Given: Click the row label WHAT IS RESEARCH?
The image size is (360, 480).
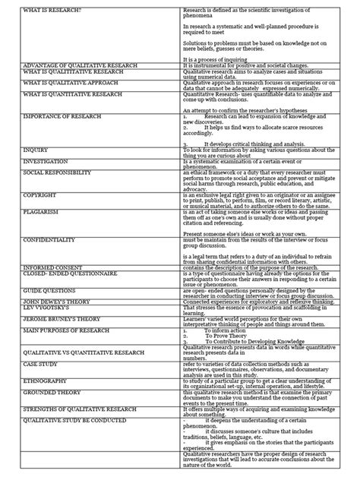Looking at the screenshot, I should [47, 10].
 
